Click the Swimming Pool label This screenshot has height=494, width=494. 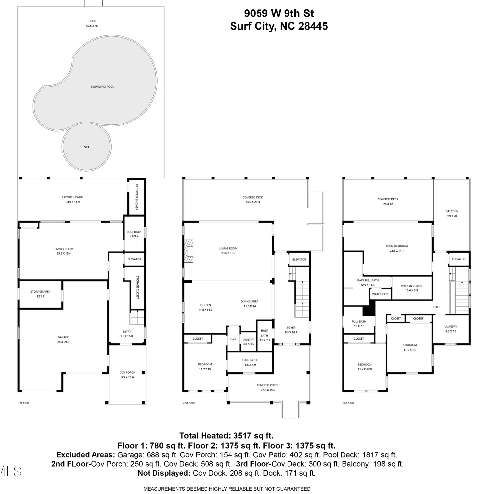tap(102, 87)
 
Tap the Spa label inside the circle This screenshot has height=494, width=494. tap(87, 147)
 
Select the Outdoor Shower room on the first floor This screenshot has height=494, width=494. tap(136, 197)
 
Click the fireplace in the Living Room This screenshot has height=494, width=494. tap(189, 251)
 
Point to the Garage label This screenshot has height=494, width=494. tap(63, 337)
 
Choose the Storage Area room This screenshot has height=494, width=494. tap(41, 294)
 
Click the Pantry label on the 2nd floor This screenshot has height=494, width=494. tap(249, 340)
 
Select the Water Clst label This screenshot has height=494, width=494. tap(380, 294)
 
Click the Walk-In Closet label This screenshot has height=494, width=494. tap(412, 286)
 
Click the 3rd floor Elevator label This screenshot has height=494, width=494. tap(459, 259)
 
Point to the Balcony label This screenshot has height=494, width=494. tap(452, 211)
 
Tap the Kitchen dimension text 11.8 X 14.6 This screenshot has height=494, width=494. tap(205, 310)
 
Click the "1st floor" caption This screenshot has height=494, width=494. tap(24, 403)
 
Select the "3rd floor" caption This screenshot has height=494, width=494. tap(348, 403)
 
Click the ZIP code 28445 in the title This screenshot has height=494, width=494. tap(313, 26)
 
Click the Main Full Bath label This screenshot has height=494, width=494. tap(368, 280)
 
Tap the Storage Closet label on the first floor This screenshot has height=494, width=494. tap(138, 288)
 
